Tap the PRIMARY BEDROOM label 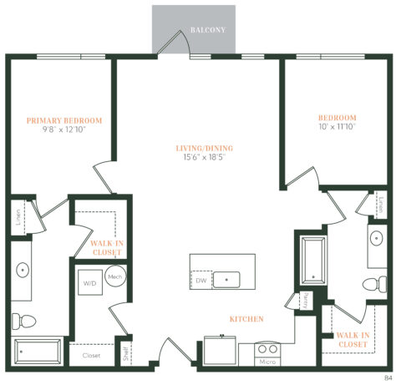point(63,120)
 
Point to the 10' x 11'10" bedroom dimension point(338,128)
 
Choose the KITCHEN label point(247,319)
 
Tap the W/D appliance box point(88,283)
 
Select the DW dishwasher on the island point(200,281)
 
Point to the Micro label point(267,362)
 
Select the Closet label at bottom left point(91,356)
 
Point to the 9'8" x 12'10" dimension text point(63,130)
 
